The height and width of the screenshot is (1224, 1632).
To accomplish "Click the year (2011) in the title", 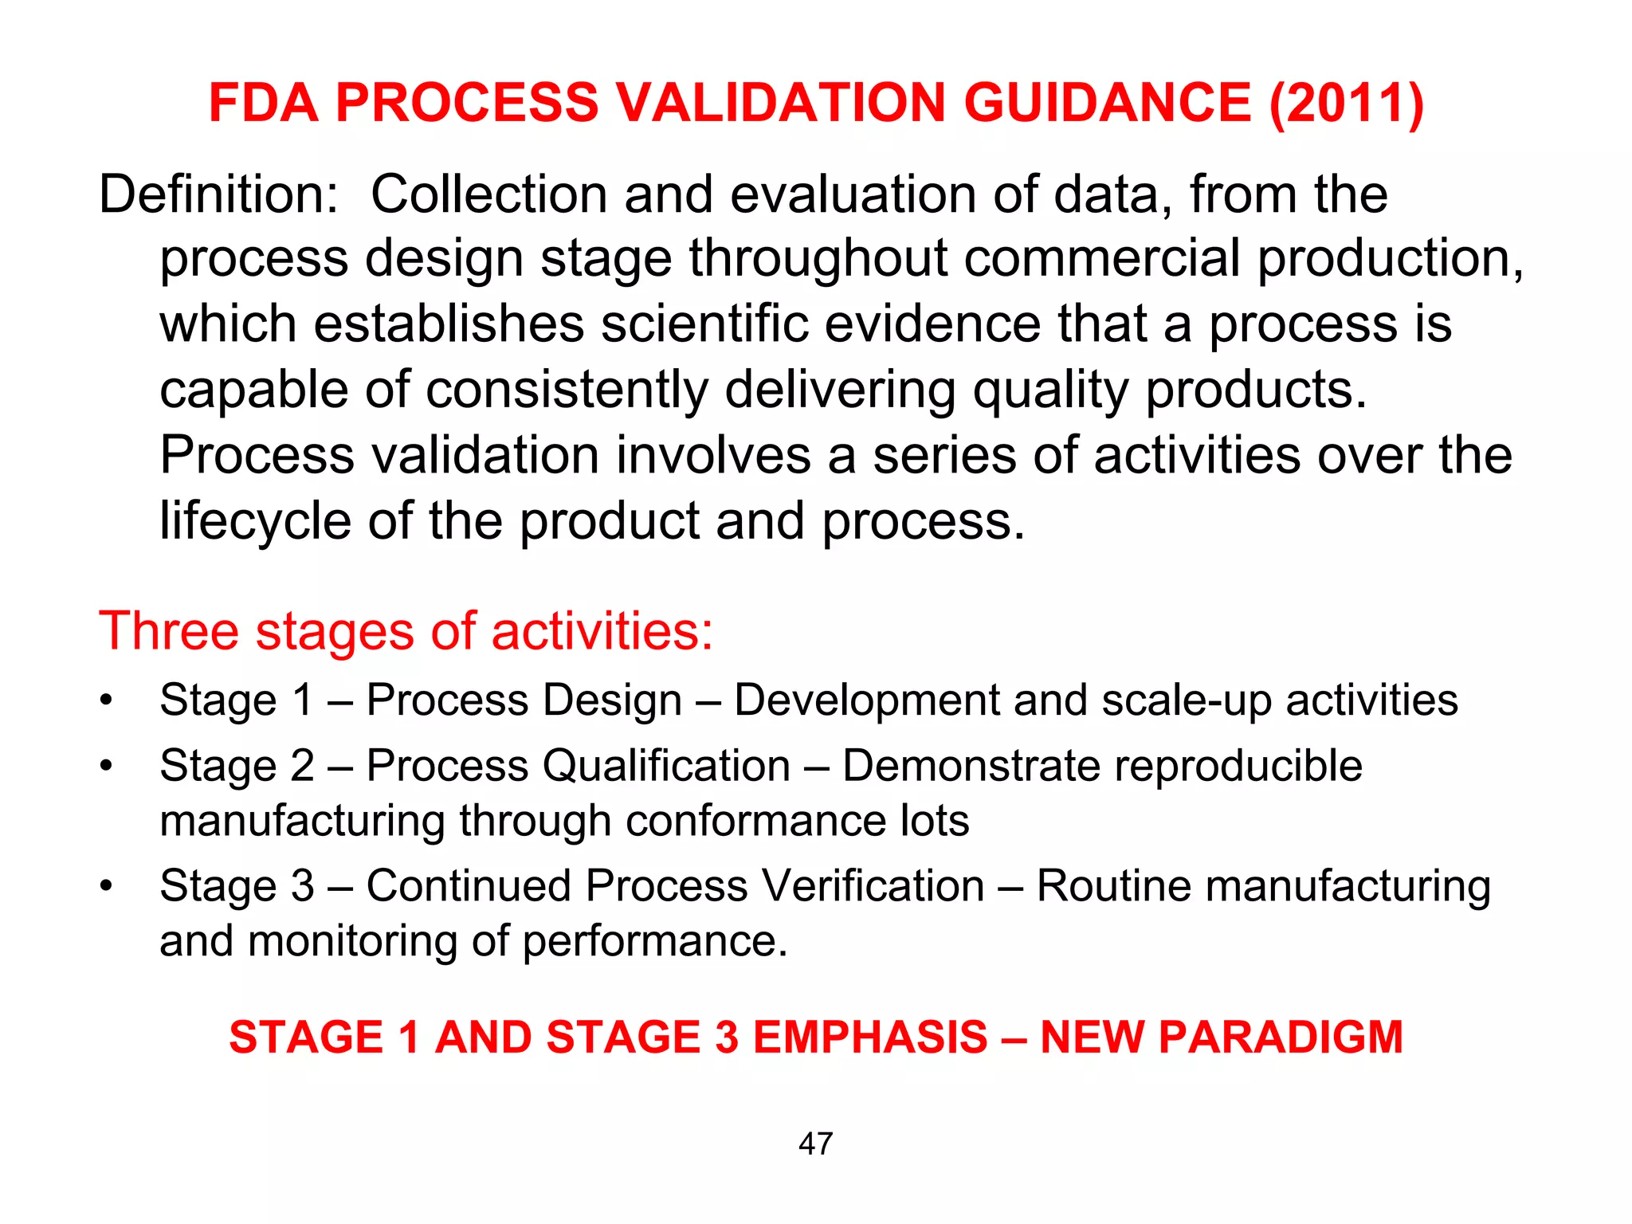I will tap(1346, 104).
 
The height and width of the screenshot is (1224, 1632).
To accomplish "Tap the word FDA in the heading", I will tap(264, 104).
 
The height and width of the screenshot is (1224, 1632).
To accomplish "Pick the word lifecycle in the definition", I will tap(256, 521).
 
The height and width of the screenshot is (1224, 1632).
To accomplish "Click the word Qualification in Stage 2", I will tap(666, 767).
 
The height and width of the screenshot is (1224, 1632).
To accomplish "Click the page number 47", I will tap(815, 1144).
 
